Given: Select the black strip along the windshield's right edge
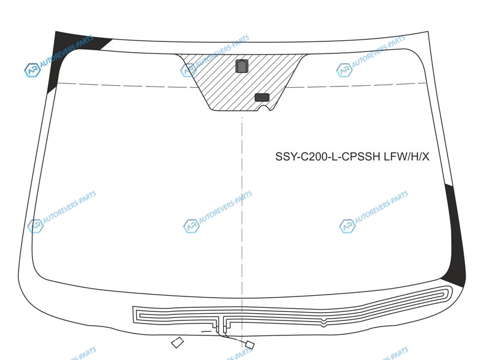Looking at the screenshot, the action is [455, 236].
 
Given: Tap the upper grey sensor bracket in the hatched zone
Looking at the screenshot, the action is [242, 66].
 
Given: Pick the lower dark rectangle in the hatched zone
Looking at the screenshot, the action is [262, 97].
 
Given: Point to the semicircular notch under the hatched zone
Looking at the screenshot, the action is [264, 107].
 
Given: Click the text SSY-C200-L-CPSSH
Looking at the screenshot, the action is [328, 157].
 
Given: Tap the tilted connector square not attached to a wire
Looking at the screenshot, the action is [177, 342].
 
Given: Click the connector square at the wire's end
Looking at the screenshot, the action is [250, 345].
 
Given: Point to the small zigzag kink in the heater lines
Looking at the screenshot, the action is [323, 322].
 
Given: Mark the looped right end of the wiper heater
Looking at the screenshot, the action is [448, 292].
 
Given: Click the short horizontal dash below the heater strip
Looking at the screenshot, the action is [206, 331].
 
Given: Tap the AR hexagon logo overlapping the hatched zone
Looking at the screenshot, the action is [188, 70].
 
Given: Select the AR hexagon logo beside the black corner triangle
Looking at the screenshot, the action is [32, 70].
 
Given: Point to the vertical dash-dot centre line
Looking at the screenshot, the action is [242, 227].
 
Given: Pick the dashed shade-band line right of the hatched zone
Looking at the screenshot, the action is [356, 85].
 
